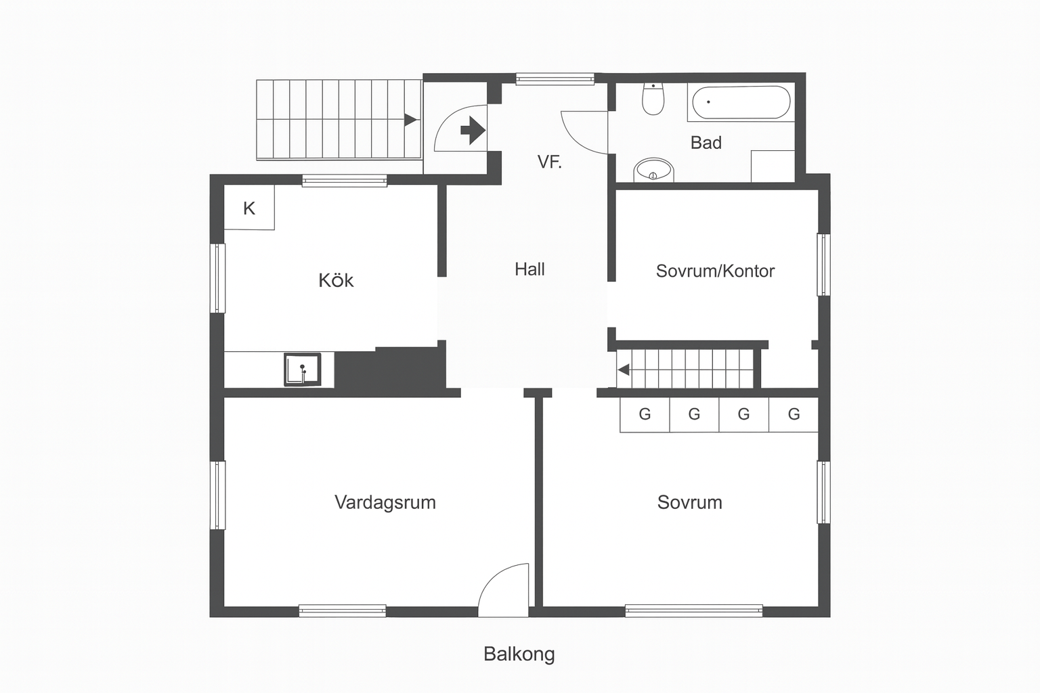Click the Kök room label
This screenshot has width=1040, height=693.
point(336,280)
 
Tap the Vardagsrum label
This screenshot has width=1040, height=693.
point(385,502)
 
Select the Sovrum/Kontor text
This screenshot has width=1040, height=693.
point(715,271)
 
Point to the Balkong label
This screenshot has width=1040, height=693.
point(519,654)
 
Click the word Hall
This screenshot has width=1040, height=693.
point(529,269)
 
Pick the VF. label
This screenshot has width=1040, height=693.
point(549,162)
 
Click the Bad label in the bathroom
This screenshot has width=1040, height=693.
point(706,143)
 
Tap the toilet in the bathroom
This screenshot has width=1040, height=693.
point(653,99)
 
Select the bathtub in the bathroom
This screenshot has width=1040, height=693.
point(741,102)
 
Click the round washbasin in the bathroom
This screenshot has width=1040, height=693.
point(653,171)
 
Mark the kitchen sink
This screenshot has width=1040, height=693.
point(302,370)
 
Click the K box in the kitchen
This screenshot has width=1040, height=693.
point(249,208)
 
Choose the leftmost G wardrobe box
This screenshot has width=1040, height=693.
point(645,414)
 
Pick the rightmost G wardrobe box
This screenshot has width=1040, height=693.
point(794,414)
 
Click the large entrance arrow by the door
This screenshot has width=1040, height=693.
point(473,131)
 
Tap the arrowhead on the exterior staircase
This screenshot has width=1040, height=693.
point(410,120)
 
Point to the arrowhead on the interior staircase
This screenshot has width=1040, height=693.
point(624,370)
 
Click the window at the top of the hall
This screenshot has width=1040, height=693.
point(555,79)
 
